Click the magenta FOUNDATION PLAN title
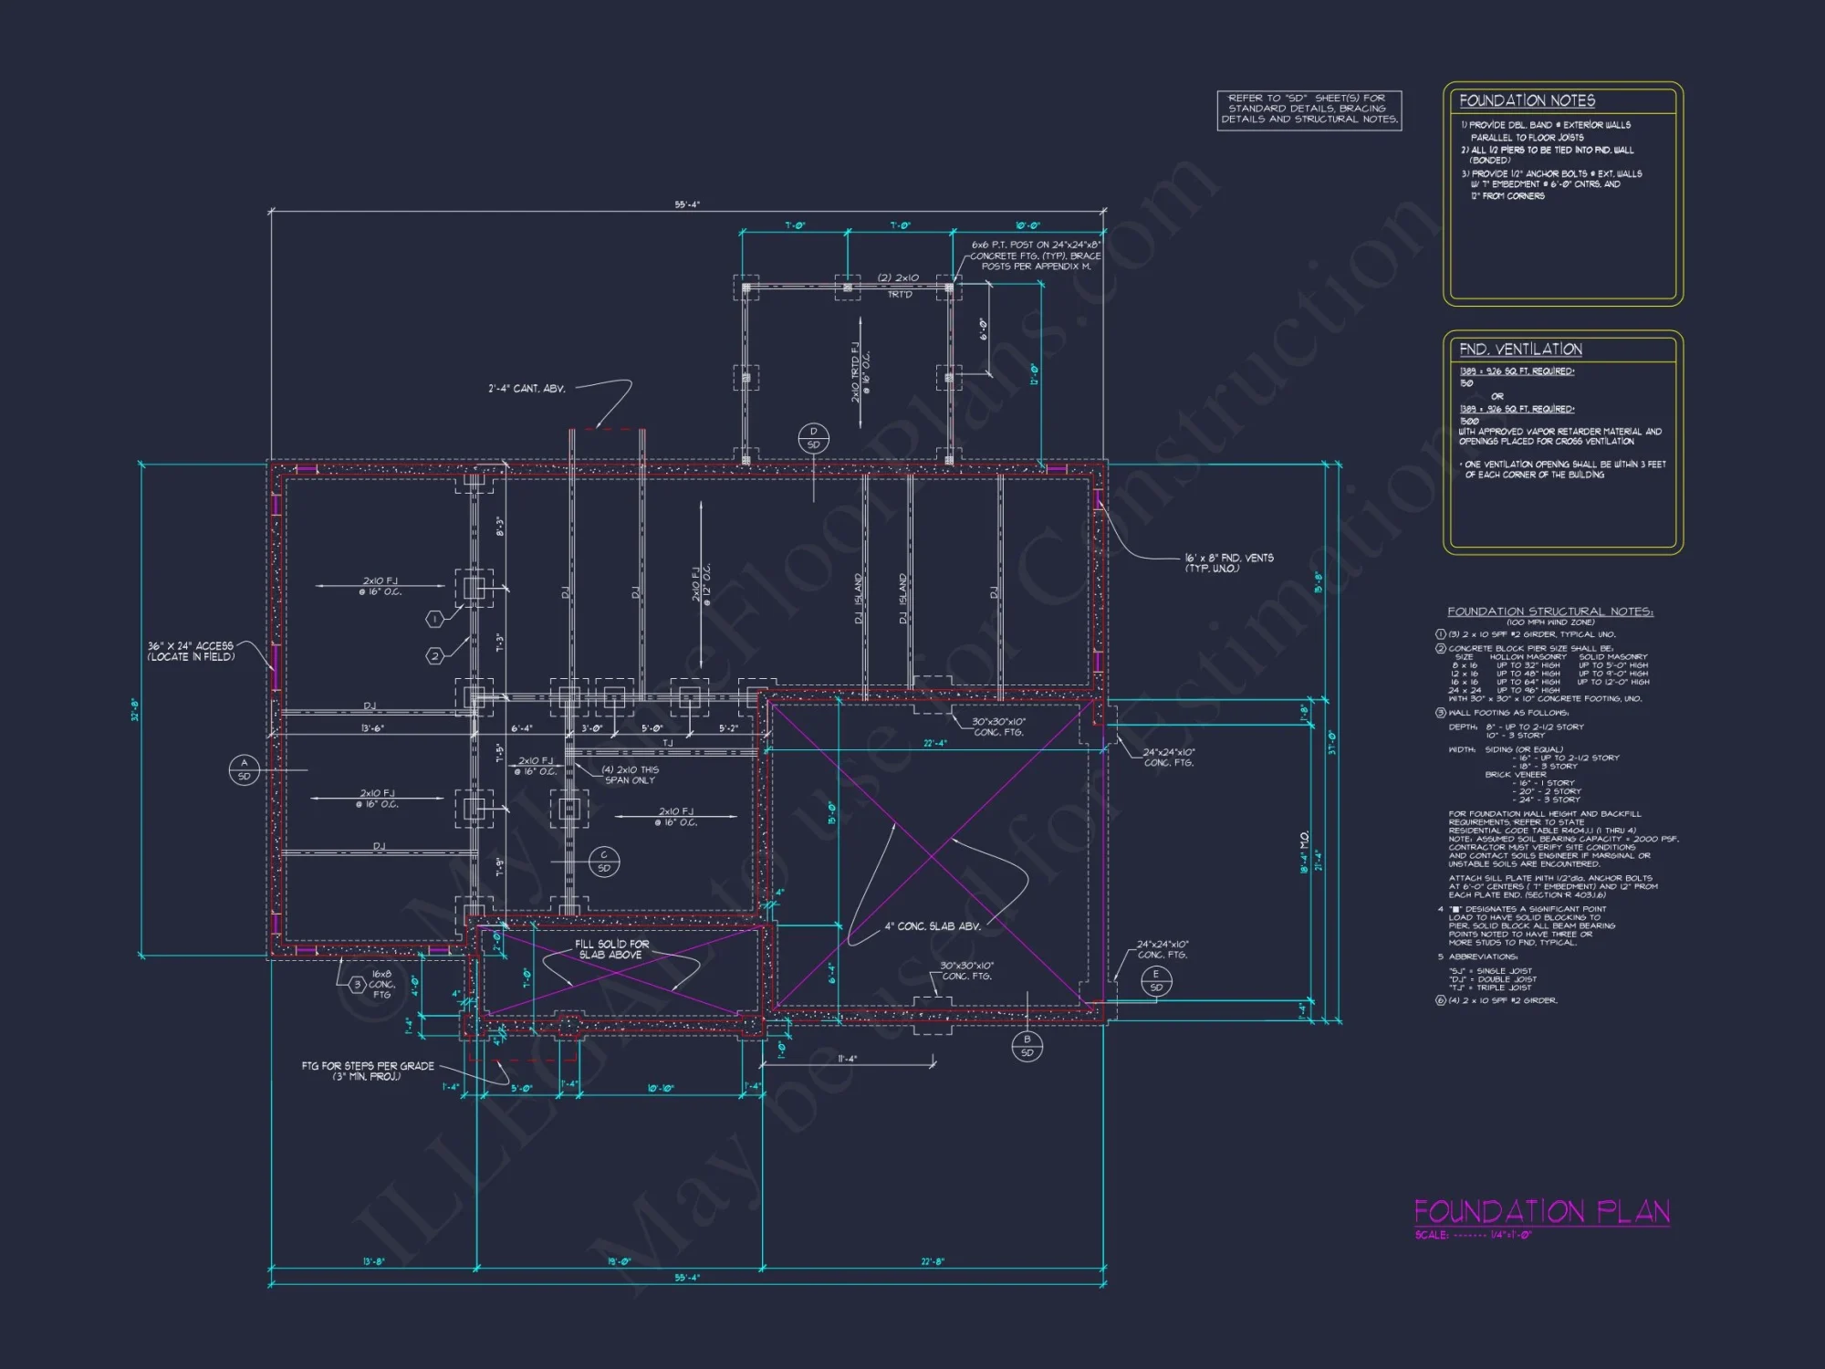pos(1541,1212)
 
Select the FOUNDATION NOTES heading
pos(1527,100)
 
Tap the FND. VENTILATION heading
pos(1520,350)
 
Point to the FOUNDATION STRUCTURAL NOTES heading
pos(1549,611)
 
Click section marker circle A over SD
pos(244,769)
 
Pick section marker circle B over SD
pos(1027,1046)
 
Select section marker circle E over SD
pos(1156,981)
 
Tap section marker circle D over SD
pos(813,438)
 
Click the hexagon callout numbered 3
pos(358,984)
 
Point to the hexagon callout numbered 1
pos(435,619)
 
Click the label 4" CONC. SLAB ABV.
pos(933,925)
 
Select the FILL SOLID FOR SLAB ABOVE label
pos(611,949)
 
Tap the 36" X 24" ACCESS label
pos(191,651)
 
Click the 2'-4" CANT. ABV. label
pos(527,389)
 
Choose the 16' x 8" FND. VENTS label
pos(1229,563)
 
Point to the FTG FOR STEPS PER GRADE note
pos(368,1071)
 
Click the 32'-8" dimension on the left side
pos(135,709)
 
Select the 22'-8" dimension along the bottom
pos(933,1262)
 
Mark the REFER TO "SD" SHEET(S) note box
pos(1309,110)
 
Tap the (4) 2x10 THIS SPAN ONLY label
pos(630,775)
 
